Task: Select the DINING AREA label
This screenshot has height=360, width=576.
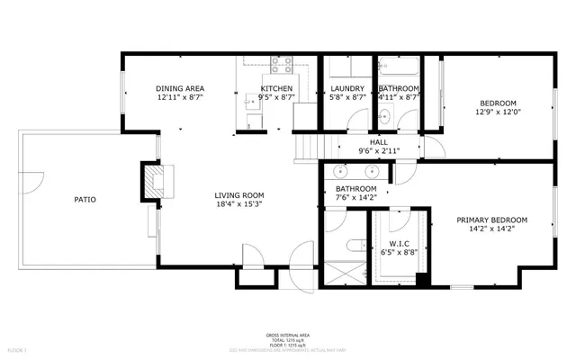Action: (x=180, y=88)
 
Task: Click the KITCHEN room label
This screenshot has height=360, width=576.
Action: (x=252, y=88)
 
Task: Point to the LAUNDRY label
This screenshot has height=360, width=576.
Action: (x=346, y=88)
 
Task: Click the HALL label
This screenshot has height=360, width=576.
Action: (x=379, y=142)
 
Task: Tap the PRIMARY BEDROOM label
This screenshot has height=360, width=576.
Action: (x=491, y=220)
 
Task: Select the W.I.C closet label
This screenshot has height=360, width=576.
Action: (x=400, y=244)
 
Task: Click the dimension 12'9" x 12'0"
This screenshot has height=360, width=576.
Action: (x=498, y=112)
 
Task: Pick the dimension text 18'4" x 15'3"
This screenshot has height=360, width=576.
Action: (x=238, y=204)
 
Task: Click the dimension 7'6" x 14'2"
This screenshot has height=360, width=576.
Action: (x=356, y=197)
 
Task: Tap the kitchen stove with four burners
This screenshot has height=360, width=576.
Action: (x=280, y=66)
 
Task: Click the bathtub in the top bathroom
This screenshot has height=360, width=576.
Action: (x=398, y=66)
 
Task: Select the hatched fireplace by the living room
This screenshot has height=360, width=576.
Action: (x=155, y=179)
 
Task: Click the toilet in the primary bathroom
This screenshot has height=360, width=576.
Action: (x=353, y=244)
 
